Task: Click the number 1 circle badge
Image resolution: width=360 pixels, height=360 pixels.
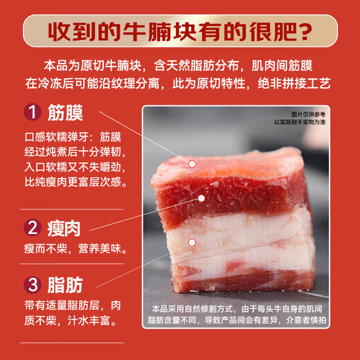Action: (32, 112)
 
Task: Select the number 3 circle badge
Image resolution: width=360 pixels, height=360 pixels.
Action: (32, 285)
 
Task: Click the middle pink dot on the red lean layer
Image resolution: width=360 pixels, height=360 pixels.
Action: (202, 197)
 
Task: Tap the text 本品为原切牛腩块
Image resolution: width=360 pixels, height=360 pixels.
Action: (93, 66)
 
